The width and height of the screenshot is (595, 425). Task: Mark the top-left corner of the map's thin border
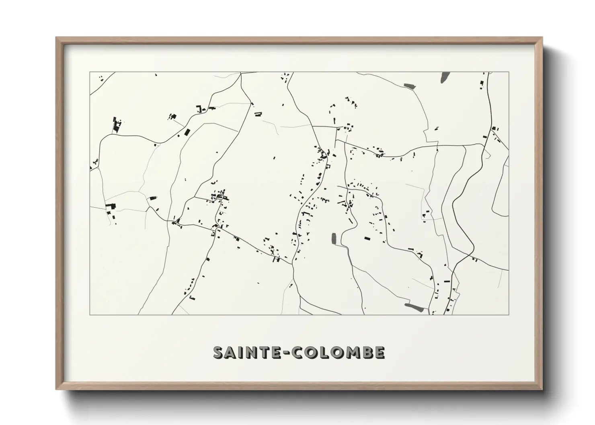tap(90, 72)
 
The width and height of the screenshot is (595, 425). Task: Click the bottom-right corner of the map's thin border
tap(509, 315)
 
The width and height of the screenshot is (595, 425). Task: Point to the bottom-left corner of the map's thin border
tap(90, 315)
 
